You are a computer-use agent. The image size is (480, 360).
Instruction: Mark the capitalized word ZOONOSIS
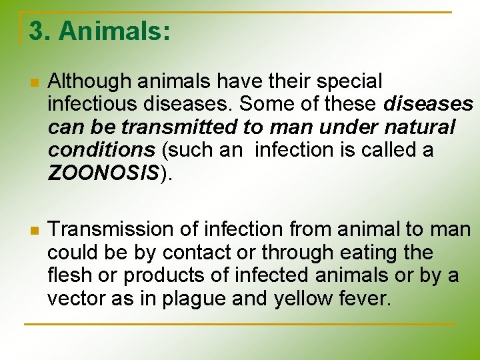click(x=103, y=173)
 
